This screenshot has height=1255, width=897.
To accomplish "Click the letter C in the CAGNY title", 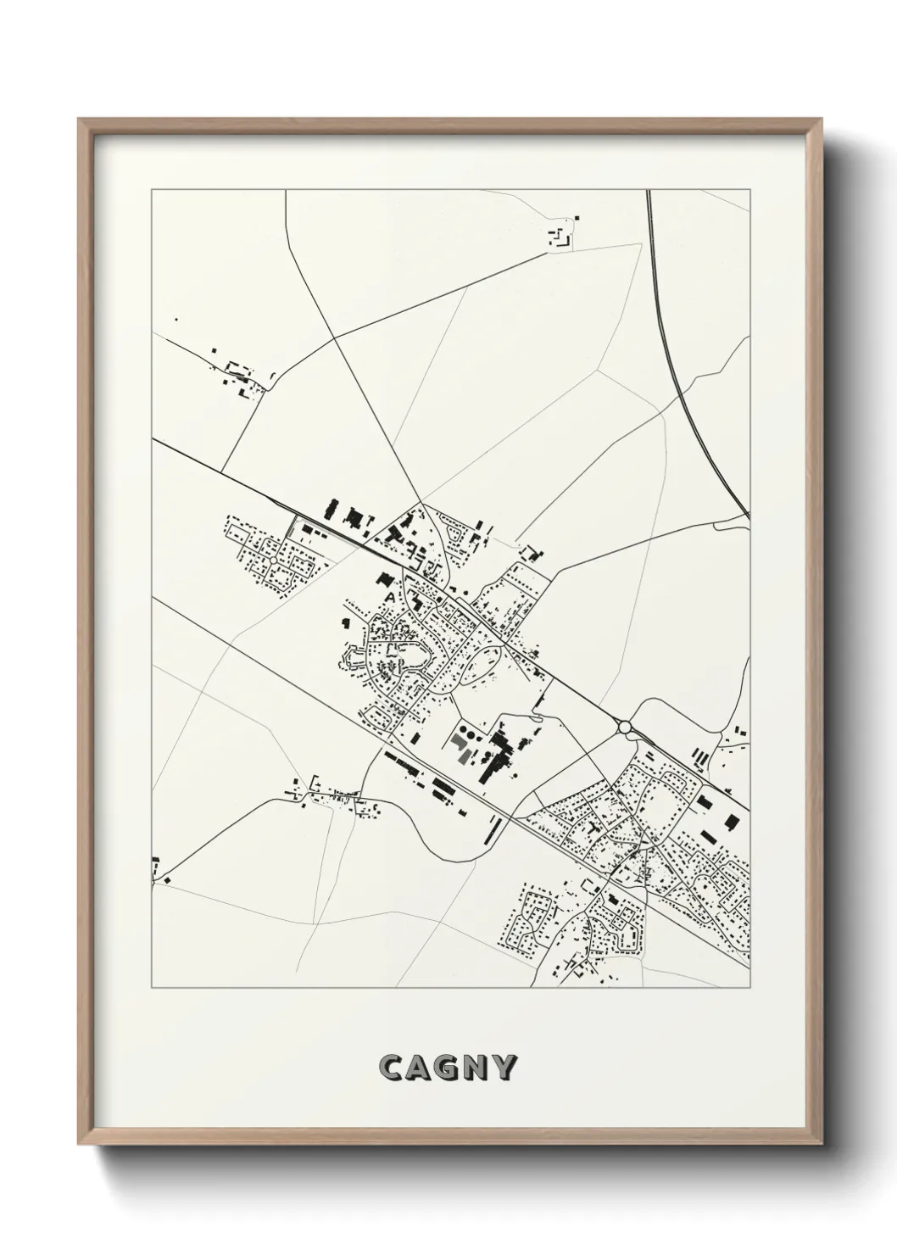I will [x=392, y=1068].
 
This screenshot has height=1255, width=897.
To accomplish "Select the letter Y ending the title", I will [x=504, y=1068].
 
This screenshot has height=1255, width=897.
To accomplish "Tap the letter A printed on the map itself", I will [x=390, y=597].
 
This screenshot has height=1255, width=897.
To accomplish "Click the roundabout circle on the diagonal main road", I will [x=626, y=727].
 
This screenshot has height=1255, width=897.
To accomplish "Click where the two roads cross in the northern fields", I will [x=337, y=337].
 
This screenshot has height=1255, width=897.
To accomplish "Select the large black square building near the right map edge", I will [x=729, y=821].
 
